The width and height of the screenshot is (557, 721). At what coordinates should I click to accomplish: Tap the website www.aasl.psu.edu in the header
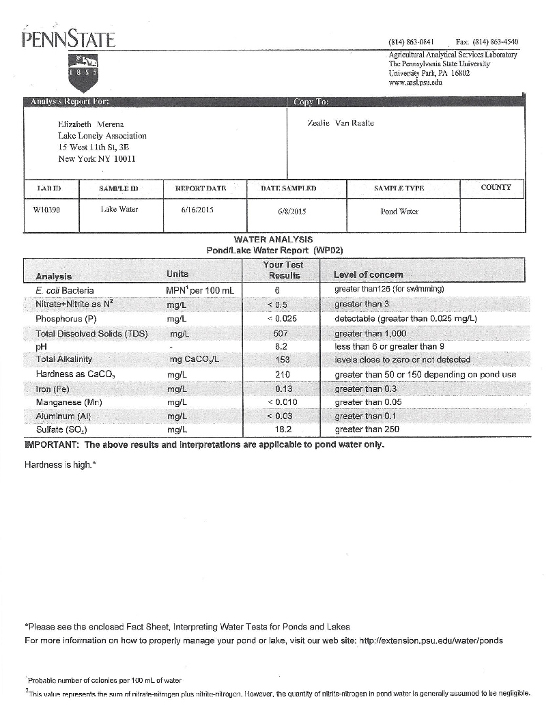tap(415, 82)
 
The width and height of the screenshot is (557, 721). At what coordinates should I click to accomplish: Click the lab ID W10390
tap(46, 210)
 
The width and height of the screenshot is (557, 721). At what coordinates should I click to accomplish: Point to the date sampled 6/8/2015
tap(292, 211)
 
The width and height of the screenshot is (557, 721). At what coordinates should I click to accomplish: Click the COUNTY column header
tap(496, 187)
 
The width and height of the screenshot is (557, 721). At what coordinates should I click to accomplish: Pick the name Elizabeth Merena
tap(90, 124)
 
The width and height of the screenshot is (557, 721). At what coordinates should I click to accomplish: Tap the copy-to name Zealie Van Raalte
tap(341, 123)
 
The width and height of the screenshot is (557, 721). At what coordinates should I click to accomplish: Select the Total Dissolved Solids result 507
tap(280, 334)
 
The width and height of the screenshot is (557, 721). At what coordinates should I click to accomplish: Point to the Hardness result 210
tap(282, 375)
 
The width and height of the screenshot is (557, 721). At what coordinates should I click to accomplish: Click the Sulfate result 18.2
tap(282, 429)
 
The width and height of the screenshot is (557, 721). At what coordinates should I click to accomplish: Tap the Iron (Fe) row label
tap(56, 389)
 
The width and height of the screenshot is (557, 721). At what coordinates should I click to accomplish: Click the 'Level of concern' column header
tap(368, 274)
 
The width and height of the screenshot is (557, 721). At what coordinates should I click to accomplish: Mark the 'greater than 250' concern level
tap(367, 429)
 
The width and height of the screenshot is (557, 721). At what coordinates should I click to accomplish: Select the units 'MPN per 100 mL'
tap(200, 290)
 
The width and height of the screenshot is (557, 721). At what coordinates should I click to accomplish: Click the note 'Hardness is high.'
tap(60, 465)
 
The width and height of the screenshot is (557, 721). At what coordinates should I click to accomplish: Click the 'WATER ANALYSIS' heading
tap(273, 240)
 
